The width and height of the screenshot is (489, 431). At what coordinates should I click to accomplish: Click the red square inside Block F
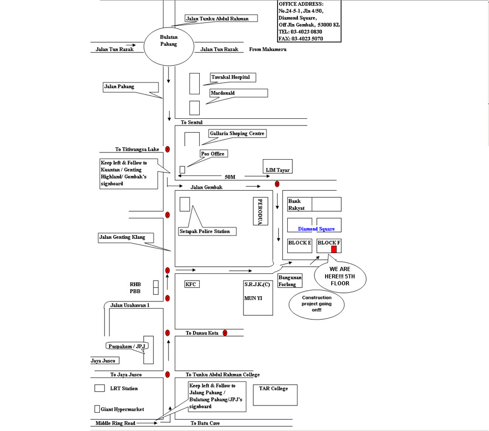coord(334,249)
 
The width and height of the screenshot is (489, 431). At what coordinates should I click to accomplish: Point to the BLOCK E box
coord(300,245)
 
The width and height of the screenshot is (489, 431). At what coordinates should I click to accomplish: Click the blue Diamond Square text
coord(316,229)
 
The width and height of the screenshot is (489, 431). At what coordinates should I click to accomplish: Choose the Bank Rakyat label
coord(296,205)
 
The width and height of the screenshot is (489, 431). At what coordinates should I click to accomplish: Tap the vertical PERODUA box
coord(260,211)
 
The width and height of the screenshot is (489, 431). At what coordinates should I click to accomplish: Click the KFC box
coord(192,284)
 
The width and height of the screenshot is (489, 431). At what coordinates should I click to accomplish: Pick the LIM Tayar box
coord(278,166)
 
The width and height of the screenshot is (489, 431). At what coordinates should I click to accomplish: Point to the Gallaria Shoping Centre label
coord(237,133)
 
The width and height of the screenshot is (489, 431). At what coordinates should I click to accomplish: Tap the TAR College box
coord(275,395)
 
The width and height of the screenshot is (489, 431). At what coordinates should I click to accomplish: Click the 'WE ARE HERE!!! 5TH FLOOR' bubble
coord(340,276)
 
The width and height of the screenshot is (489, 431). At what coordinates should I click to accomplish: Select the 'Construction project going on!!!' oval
coord(316,304)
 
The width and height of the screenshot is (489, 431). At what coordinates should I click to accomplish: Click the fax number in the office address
coord(307,39)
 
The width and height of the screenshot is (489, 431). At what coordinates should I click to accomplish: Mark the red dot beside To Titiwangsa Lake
coord(168,149)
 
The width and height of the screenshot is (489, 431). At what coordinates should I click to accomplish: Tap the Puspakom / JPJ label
coord(127,346)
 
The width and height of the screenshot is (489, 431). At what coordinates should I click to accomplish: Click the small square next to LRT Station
coord(99,388)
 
